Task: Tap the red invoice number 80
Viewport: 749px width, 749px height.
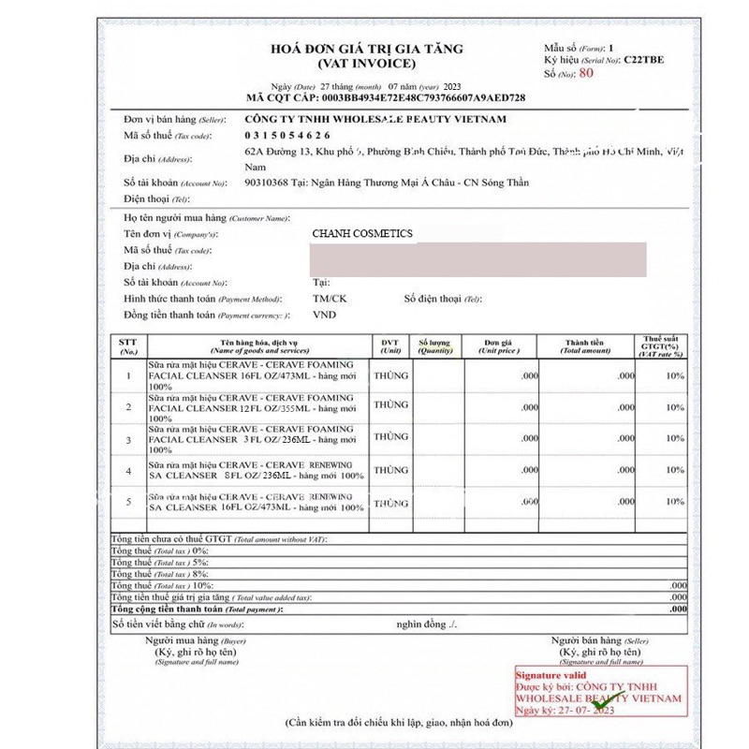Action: coord(587,71)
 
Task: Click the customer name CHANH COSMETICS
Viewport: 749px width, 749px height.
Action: coord(362,233)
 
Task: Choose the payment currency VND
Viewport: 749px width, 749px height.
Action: coord(324,315)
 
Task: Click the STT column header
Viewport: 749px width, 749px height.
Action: coord(128,346)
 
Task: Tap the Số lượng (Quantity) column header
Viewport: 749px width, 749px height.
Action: coord(436,346)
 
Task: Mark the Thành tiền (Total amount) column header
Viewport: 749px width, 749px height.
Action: coord(584,346)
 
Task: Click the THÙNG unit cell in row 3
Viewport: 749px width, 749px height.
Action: coord(390,436)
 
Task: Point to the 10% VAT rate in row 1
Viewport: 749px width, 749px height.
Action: coord(674,375)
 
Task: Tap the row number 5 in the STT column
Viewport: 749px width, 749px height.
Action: coord(128,503)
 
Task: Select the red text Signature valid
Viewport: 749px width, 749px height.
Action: coord(557,674)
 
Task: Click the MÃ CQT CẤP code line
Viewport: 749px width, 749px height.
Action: coord(385,97)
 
